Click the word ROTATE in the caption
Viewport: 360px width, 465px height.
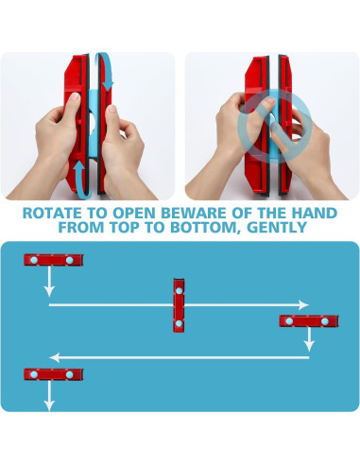tap(52, 213)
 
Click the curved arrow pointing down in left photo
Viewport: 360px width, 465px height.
tap(107, 71)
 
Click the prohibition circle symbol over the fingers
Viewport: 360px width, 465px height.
tap(273, 127)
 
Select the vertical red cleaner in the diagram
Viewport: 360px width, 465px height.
tap(179, 305)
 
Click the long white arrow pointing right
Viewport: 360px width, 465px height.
tap(179, 305)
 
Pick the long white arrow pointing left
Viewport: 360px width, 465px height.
tap(180, 357)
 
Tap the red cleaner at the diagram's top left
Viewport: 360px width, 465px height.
tap(54, 260)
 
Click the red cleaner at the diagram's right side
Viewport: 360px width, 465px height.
tap(309, 321)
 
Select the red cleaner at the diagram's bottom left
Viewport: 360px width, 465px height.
tap(54, 374)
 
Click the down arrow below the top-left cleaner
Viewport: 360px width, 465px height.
tap(49, 282)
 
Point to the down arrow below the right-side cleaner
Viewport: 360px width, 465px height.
tap(309, 339)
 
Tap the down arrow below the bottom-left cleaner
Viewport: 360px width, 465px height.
tap(49, 396)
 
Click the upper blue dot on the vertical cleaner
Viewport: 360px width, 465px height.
tap(179, 291)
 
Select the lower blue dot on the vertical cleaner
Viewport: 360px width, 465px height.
tap(179, 323)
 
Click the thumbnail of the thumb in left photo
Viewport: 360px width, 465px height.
tap(75, 96)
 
